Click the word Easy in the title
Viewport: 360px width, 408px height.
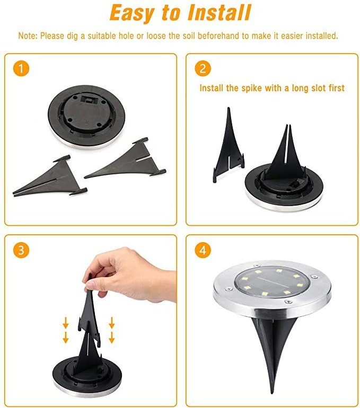[131, 13]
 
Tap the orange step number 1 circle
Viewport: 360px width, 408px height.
[21, 68]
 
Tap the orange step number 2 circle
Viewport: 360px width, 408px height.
[203, 68]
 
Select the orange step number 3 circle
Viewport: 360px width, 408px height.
[21, 250]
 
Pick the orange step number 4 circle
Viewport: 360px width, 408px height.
[203, 250]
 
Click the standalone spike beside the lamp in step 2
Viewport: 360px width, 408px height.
[229, 145]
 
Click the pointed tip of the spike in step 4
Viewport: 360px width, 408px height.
[271, 393]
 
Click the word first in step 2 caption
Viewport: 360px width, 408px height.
[337, 88]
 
